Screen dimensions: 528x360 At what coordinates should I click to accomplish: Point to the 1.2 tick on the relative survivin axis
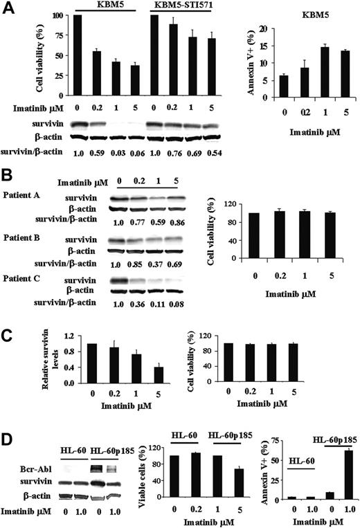click(x=66, y=336)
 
